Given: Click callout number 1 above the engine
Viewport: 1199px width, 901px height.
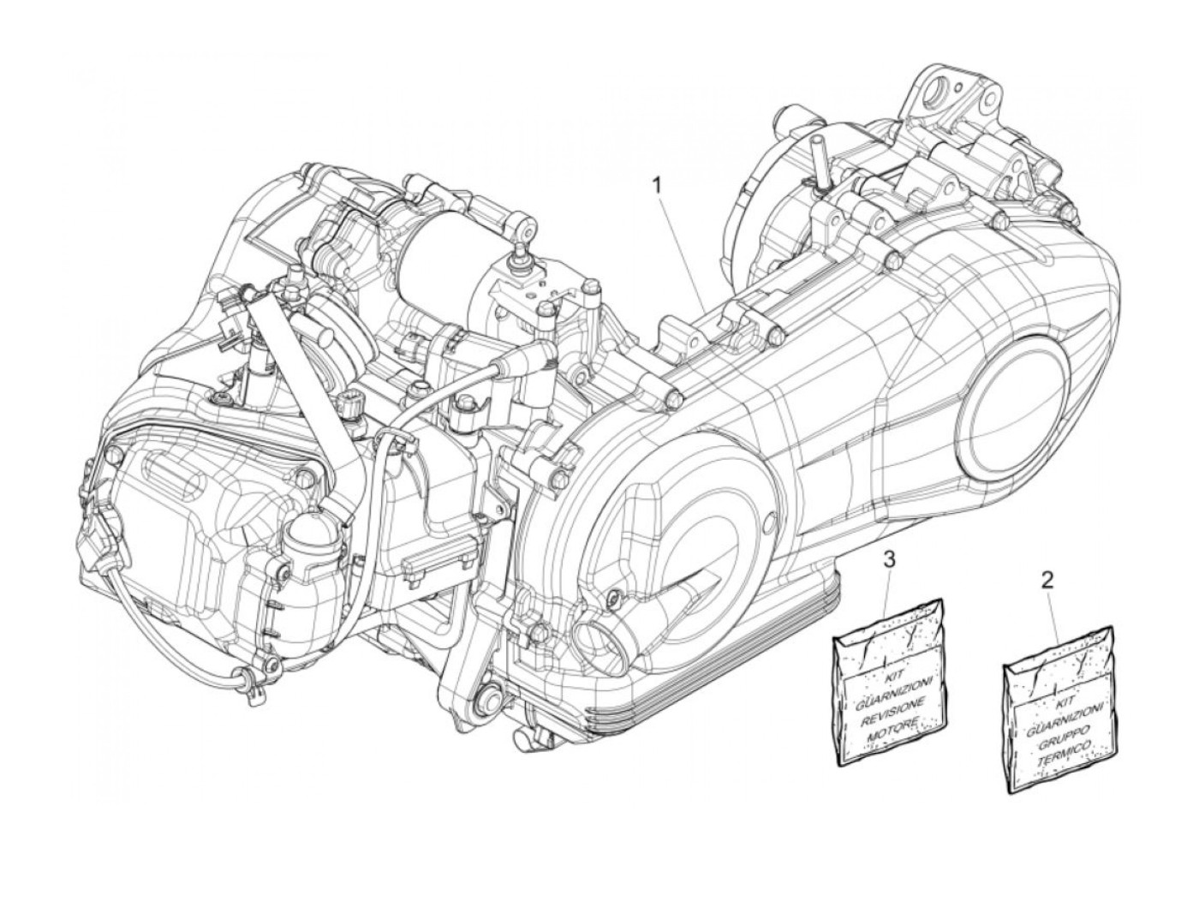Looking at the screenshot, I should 658,184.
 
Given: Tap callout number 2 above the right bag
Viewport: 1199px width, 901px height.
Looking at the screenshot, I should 1047,580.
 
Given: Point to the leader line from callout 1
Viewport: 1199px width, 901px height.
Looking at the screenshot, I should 681,248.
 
